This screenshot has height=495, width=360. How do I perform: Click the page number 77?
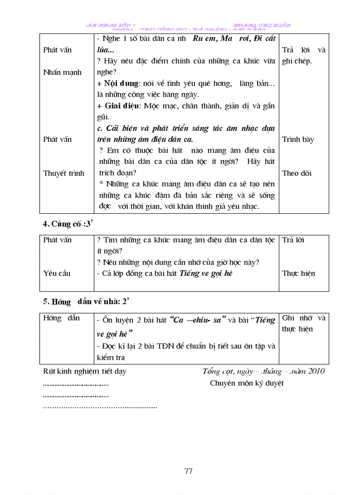188,471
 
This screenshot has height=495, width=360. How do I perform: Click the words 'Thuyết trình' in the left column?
64,173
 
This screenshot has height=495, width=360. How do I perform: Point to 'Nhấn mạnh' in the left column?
62,73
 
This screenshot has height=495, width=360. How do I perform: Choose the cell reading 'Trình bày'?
298,140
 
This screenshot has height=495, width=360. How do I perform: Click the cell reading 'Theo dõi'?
296,173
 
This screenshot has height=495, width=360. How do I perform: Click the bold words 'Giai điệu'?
121,106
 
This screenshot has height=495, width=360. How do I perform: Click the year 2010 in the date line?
316,371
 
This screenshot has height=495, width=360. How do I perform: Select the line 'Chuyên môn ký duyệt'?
247,383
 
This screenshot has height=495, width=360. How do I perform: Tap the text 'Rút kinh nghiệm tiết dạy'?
84,371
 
